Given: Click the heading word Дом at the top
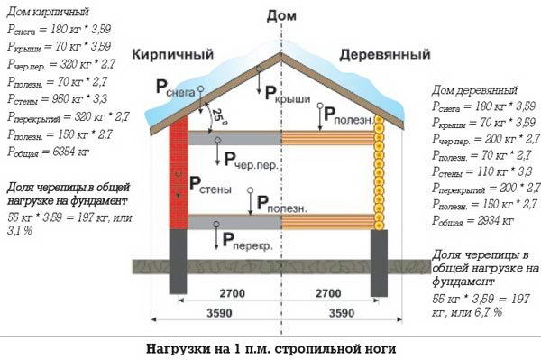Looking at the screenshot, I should pyautogui.click(x=280, y=16).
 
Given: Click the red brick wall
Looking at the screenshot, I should pyautogui.click(x=178, y=171).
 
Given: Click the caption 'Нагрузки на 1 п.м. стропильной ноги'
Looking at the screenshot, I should pyautogui.click(x=270, y=347).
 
